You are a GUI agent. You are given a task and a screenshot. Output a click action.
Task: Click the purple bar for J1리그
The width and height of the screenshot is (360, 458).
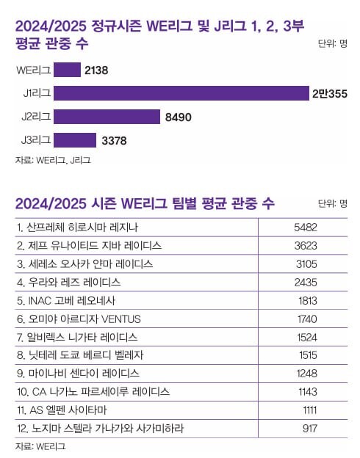181,93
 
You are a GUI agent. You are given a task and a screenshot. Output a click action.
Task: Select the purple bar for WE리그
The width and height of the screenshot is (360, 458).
67,70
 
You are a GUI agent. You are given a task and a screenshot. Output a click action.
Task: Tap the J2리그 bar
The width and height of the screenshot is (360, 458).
107,117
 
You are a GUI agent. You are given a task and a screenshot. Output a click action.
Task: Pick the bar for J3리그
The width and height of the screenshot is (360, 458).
75,139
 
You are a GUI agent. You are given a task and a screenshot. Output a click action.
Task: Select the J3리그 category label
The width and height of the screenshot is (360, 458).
33,139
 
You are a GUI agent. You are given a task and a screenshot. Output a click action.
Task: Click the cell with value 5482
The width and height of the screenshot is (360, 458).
304,227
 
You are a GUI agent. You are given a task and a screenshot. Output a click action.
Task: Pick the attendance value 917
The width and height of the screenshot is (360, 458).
308,428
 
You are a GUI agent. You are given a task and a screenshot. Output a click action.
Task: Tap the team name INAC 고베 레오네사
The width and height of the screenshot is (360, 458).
66,300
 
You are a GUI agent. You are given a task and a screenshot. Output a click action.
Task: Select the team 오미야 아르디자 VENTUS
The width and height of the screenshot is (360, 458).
78,319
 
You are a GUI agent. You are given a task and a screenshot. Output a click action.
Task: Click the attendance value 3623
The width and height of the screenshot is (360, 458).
304,245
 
